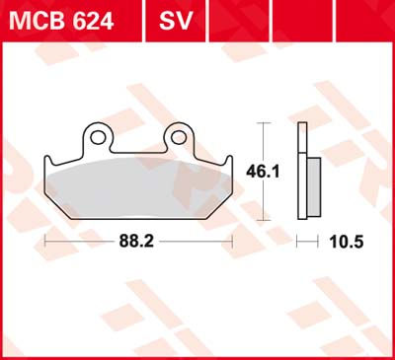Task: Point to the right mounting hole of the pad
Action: click(x=179, y=134)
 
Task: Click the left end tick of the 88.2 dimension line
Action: click(x=46, y=240)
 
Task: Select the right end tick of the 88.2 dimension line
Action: click(x=232, y=240)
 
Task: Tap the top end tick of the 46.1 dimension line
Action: click(x=263, y=123)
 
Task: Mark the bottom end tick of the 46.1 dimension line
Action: click(x=263, y=218)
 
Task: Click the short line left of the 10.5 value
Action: click(x=305, y=240)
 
